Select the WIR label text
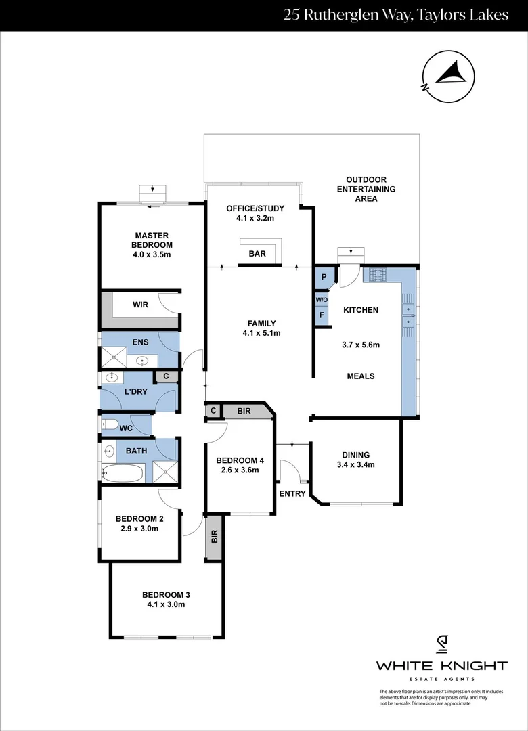[x=140, y=305]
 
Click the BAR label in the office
[x=257, y=254]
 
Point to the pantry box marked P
[x=324, y=276]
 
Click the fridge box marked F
[x=322, y=315]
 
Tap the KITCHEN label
[x=361, y=310]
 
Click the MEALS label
[x=361, y=376]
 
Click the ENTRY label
[x=292, y=493]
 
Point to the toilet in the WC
[x=109, y=425]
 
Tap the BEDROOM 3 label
[x=166, y=595]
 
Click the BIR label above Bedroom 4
[x=244, y=410]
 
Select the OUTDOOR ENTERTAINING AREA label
[x=366, y=190]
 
